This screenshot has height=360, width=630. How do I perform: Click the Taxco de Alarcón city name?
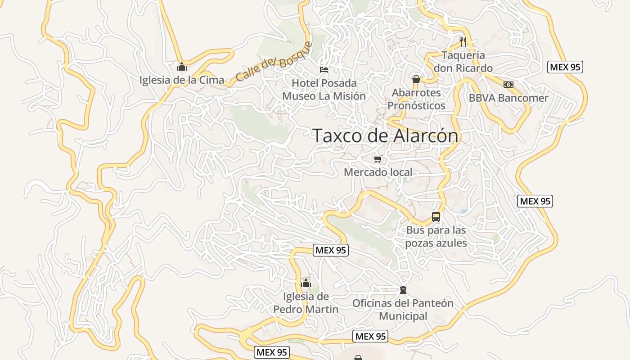coord(385,135)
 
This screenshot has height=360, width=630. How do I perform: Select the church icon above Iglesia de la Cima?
coord(182,67)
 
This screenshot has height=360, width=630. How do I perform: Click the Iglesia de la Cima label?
coord(182,80)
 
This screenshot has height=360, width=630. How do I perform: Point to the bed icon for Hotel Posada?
coord(324,70)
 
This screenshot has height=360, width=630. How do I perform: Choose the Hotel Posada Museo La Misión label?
coord(324,90)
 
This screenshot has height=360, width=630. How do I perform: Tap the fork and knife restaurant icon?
coord(463,42)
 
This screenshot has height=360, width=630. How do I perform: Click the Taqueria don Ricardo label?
coord(463,62)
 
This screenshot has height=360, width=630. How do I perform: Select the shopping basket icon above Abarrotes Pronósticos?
coord(416,79)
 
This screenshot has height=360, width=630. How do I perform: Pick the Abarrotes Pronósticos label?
coord(416,99)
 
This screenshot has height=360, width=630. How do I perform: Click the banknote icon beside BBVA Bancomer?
coord(508,85)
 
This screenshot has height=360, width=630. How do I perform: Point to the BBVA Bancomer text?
coord(508,98)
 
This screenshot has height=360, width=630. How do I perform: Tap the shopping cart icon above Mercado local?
coord(378,159)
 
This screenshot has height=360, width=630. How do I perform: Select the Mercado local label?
coord(378,172)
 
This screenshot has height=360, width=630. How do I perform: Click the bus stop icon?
coord(436,217)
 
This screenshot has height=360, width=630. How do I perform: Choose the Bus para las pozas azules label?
coord(436,237)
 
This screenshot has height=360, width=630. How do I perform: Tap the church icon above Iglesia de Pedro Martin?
coord(306,283)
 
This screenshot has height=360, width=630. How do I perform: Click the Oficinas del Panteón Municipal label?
coord(403,310)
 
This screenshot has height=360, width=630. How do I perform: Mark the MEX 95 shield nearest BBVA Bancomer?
coord(565,67)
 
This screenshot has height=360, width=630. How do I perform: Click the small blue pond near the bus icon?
coord(463,211)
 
